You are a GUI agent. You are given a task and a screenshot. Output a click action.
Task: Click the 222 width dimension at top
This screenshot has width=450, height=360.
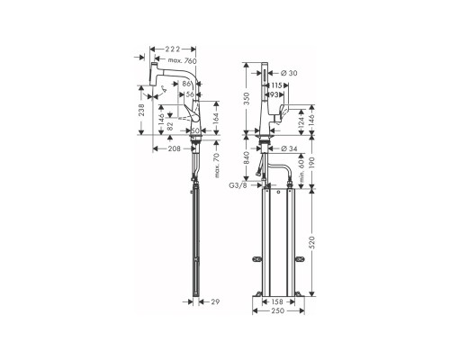173,49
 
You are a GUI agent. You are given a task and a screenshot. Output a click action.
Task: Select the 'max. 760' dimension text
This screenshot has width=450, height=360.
182,61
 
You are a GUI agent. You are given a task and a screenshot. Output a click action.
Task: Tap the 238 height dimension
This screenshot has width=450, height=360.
141,110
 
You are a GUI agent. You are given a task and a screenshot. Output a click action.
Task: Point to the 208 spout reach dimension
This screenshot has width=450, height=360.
174,148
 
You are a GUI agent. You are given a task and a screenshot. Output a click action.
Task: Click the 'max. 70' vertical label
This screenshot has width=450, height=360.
217,166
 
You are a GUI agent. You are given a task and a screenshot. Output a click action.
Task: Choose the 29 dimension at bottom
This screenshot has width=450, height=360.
215,301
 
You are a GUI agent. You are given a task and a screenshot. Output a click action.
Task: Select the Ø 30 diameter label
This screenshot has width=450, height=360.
289,73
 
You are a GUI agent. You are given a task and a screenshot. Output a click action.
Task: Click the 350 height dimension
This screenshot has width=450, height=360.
247,98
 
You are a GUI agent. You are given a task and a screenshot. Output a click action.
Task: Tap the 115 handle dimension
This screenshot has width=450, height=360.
278,85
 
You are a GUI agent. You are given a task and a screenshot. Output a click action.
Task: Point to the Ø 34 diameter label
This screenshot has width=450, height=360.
289,148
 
